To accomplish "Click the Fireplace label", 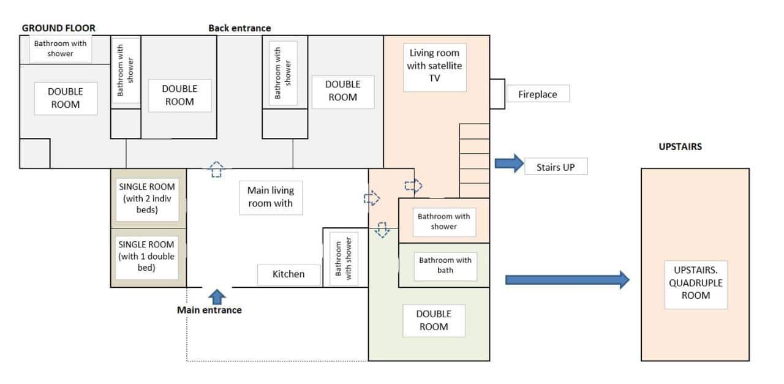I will pos(538,94).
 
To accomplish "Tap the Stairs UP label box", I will pos(556,166).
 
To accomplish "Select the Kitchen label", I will pos(288,274).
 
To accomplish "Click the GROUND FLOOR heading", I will pos(59,28).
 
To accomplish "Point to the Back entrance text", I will pos(239,28).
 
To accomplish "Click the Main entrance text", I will pos(209,310).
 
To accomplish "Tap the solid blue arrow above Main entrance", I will pos(217,297).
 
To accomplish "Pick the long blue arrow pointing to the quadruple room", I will pos(567,280).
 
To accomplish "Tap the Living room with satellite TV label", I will pos(434,66).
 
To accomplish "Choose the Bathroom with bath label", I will pos(445,265).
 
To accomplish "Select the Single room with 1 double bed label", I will pos(147,255).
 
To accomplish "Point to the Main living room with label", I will pos(270,197).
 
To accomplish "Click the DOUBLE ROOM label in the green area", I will pos(434,320).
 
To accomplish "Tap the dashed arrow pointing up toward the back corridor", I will pos(216,169).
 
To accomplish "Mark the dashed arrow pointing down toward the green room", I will pos(382,230).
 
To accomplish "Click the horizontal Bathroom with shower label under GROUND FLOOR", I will pos(61,48).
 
